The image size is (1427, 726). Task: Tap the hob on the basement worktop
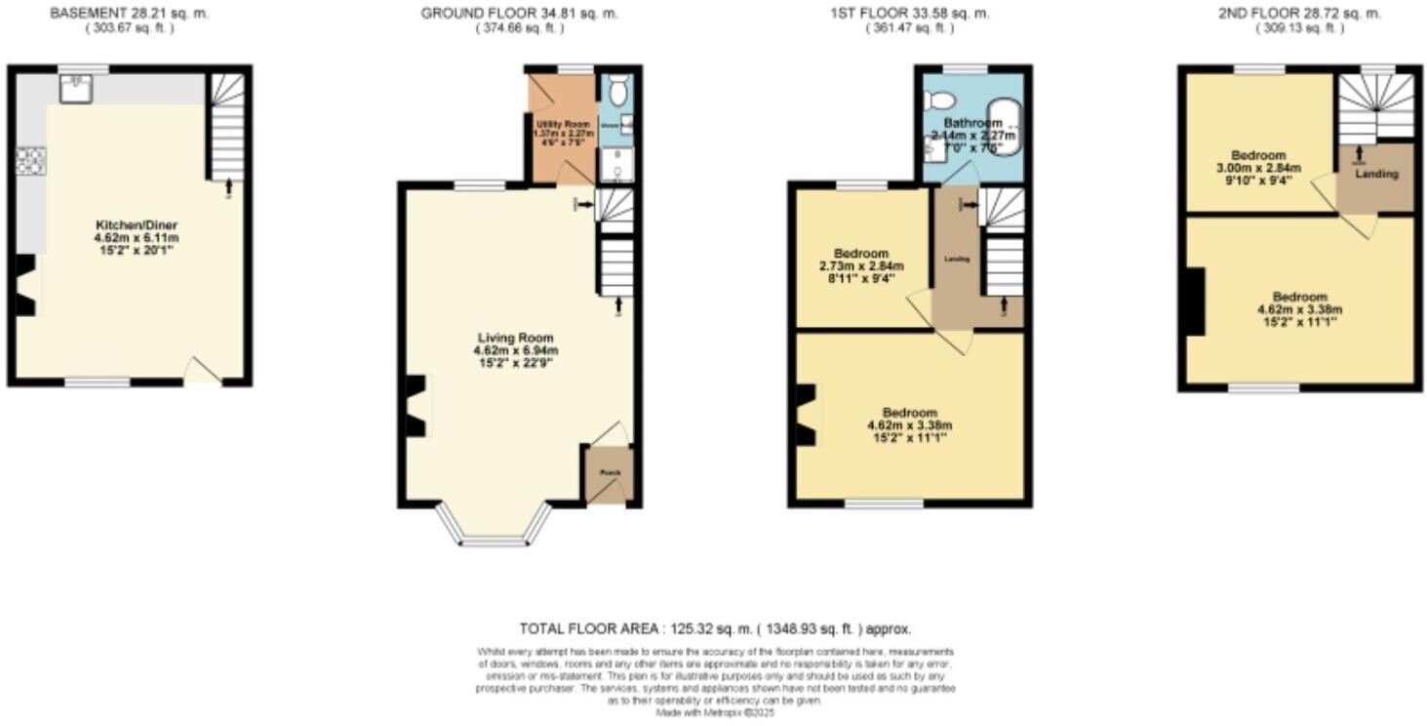pos(29,160)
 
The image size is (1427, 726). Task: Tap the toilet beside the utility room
pos(615,93)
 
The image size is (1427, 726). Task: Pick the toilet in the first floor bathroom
pos(939,99)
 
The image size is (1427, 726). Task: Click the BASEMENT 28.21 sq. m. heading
pos(129,14)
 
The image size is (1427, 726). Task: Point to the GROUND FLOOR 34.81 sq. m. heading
pos(518,14)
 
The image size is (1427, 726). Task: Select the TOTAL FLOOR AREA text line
pos(715,629)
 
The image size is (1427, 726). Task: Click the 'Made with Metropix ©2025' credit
pos(715,713)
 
